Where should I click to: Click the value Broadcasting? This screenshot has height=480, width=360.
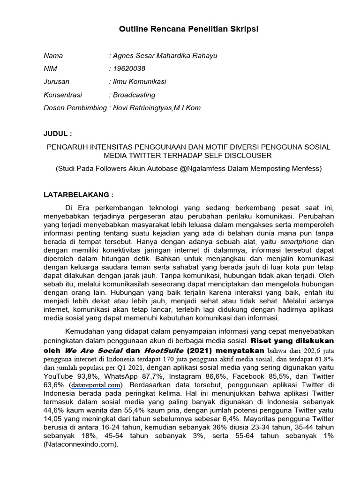click(x=134, y=95)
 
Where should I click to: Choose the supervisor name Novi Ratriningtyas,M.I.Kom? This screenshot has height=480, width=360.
click(x=157, y=108)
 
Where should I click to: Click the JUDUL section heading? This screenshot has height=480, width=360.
click(x=58, y=134)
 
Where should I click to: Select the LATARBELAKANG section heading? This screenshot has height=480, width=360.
click(x=78, y=194)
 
